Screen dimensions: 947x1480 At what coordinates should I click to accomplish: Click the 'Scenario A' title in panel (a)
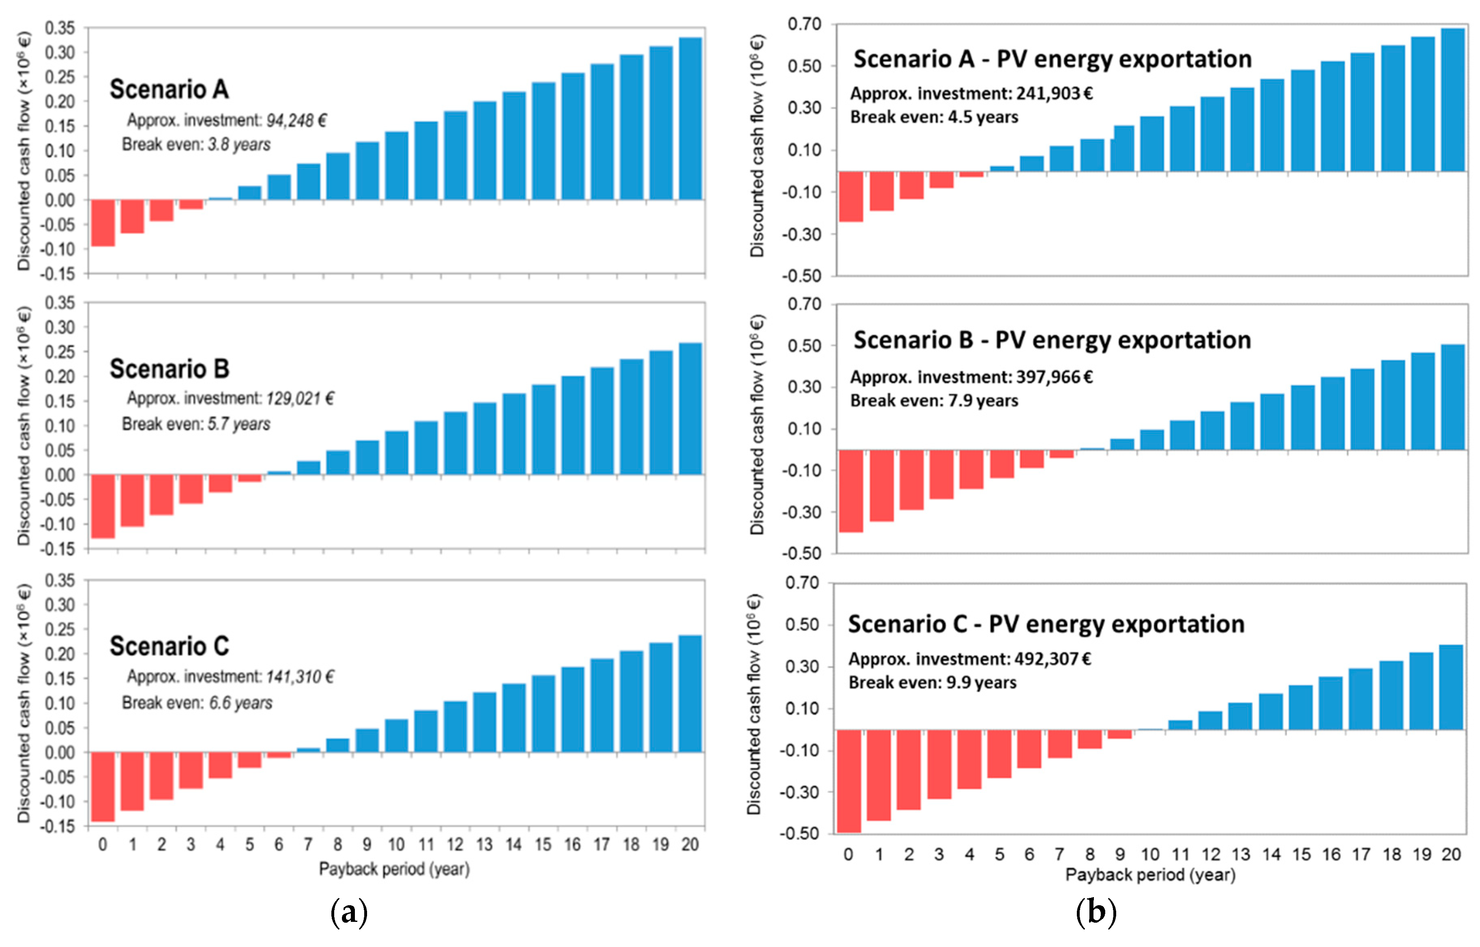point(169,90)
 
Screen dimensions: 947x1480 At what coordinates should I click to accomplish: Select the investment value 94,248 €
point(296,120)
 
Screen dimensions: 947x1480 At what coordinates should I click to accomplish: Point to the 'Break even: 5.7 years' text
point(196,424)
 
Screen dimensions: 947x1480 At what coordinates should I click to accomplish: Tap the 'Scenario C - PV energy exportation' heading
point(1046,625)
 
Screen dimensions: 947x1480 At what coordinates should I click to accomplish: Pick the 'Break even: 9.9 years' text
point(932,683)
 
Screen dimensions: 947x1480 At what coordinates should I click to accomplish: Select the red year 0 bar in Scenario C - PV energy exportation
point(848,781)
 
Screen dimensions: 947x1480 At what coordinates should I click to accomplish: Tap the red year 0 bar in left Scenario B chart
point(103,506)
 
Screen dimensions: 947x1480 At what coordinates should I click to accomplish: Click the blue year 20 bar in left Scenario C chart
point(690,694)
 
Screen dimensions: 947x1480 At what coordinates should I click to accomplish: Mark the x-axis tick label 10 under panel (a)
point(396,845)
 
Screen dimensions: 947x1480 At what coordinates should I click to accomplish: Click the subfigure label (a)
point(349,913)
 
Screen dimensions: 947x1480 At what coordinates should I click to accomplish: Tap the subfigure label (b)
point(1096,913)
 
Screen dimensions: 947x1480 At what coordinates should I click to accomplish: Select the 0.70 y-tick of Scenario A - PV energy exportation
point(804,25)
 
